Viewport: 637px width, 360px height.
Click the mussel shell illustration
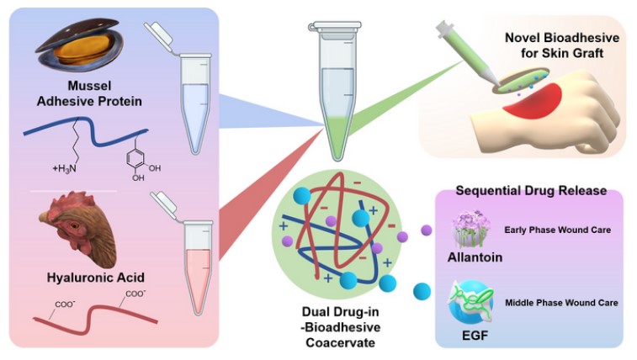click(80, 45)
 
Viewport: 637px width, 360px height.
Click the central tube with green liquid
click(337, 93)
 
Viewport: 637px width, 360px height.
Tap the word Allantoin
click(475, 257)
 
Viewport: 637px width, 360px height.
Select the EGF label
click(475, 336)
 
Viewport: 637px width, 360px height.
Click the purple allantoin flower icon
click(472, 229)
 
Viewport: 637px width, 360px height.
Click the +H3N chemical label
click(64, 169)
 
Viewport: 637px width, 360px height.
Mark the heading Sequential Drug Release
click(531, 191)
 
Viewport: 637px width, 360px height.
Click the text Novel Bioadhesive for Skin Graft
click(562, 45)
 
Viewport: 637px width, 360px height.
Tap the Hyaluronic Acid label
click(95, 278)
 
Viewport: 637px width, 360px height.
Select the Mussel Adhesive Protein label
click(89, 93)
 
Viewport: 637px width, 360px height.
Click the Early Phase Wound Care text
click(557, 230)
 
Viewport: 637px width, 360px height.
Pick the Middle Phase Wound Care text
click(561, 303)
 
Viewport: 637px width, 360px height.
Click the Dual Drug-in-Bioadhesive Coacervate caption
click(341, 327)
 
